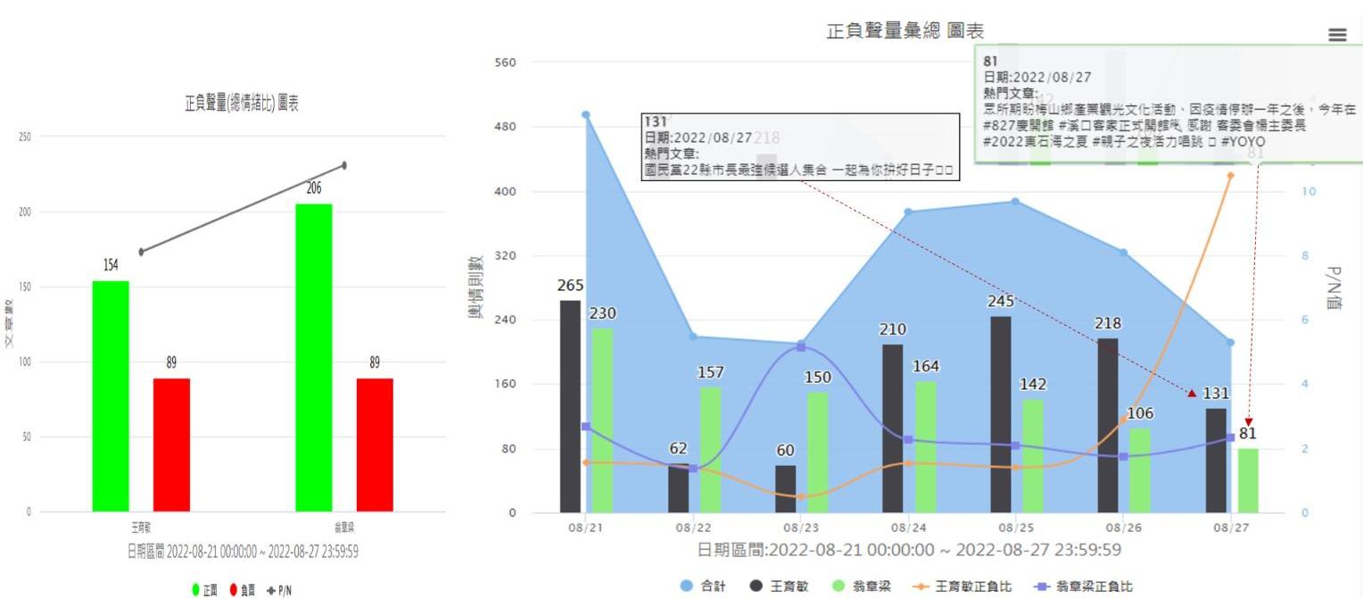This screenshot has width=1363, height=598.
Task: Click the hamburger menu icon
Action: click(x=1337, y=35)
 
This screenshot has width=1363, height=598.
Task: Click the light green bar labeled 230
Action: click(x=602, y=420)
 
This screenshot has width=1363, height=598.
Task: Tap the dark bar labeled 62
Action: click(x=678, y=488)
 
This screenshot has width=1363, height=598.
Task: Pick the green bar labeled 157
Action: click(x=710, y=450)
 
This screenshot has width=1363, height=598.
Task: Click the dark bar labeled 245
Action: click(x=1001, y=414)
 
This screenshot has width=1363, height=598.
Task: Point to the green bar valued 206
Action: click(x=313, y=357)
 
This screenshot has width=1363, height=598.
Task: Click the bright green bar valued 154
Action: click(x=111, y=396)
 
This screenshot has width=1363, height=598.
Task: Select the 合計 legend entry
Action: click(x=705, y=586)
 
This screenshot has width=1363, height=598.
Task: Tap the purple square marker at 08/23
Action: click(x=801, y=346)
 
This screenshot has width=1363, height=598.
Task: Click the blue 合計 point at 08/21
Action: click(x=586, y=114)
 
